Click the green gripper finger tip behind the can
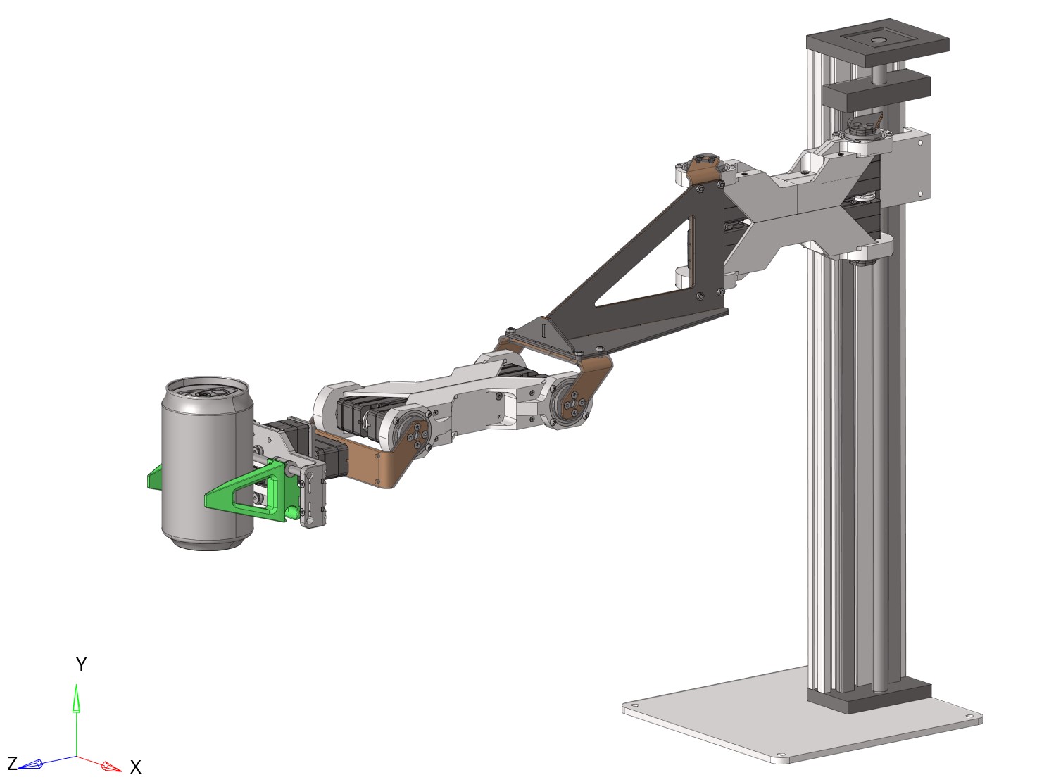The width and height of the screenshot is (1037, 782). tap(154, 479)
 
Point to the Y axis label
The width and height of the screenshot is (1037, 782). tap(81, 664)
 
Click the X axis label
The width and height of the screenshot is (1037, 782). tap(136, 767)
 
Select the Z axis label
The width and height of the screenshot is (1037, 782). tap(12, 764)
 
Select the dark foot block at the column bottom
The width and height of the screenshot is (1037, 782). tap(869, 697)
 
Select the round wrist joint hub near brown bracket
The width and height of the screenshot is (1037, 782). tap(415, 434)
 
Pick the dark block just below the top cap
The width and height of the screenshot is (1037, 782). tap(875, 90)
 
